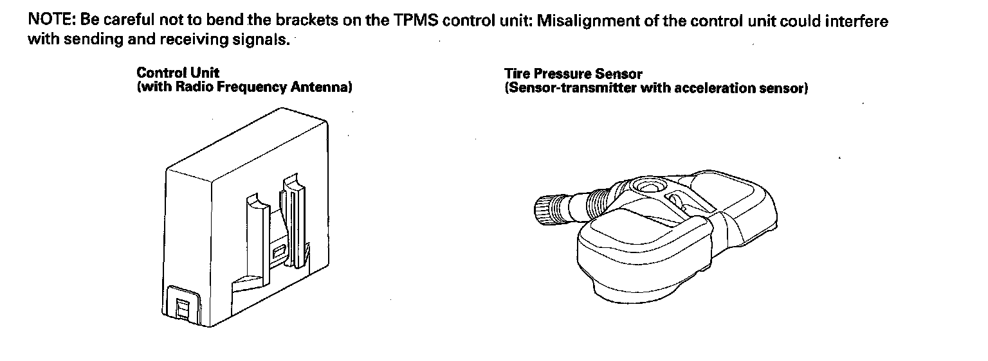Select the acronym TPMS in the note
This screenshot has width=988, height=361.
414,21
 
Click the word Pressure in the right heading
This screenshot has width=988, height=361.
565,75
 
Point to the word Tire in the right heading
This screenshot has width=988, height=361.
517,75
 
